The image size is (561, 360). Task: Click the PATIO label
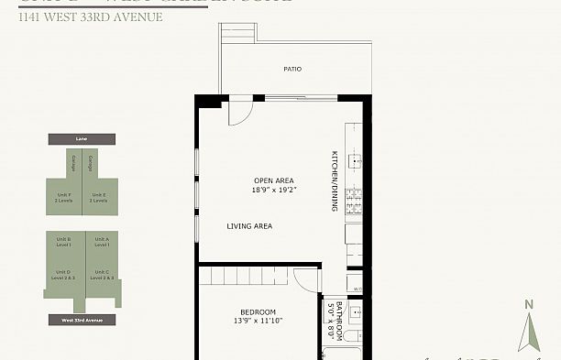292,69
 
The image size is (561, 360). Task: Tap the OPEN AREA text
273,180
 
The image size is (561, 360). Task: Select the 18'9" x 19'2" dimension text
276,191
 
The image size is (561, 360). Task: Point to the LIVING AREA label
250,225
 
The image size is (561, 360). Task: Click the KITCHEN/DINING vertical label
335,180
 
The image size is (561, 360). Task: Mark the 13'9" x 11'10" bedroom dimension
258,322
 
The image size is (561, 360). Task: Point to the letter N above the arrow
527,305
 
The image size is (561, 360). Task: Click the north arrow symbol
527,333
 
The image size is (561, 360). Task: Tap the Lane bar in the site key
81,139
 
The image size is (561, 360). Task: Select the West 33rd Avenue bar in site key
82,321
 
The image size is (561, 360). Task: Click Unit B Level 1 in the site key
63,242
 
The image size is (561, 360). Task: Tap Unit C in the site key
101,273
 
